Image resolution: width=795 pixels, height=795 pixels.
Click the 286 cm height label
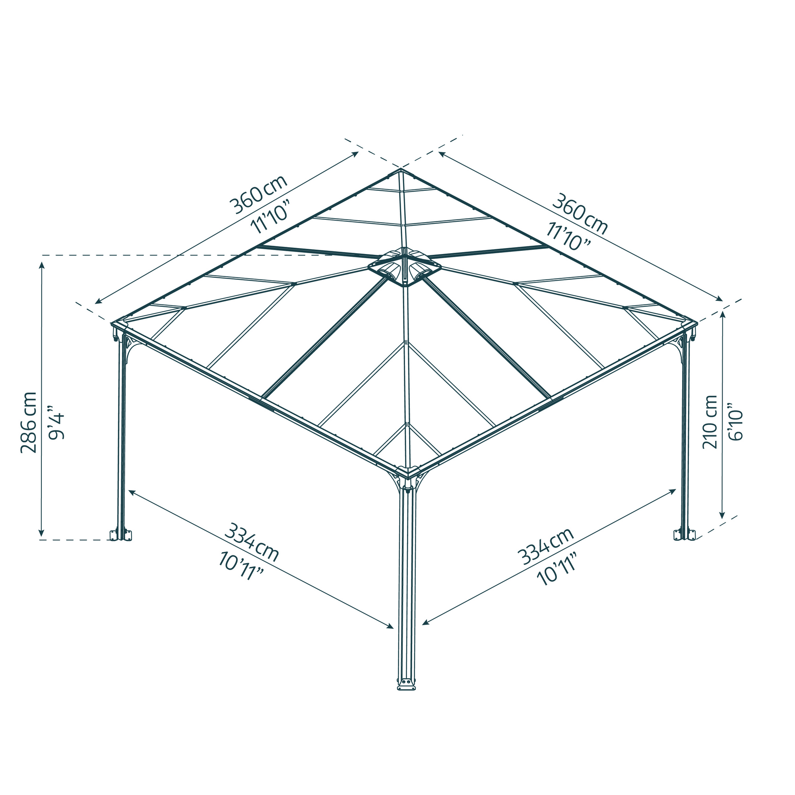(x=29, y=422)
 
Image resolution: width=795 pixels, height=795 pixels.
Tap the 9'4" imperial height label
(x=56, y=422)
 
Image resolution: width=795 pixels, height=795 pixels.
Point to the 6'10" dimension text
(x=737, y=425)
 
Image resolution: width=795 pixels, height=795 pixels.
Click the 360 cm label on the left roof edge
(x=258, y=194)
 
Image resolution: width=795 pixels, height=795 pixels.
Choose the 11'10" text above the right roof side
(x=568, y=236)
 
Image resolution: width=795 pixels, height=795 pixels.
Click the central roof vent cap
(x=405, y=267)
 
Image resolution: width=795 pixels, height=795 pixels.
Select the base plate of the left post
(x=120, y=535)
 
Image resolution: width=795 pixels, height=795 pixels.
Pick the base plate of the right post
(x=685, y=535)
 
